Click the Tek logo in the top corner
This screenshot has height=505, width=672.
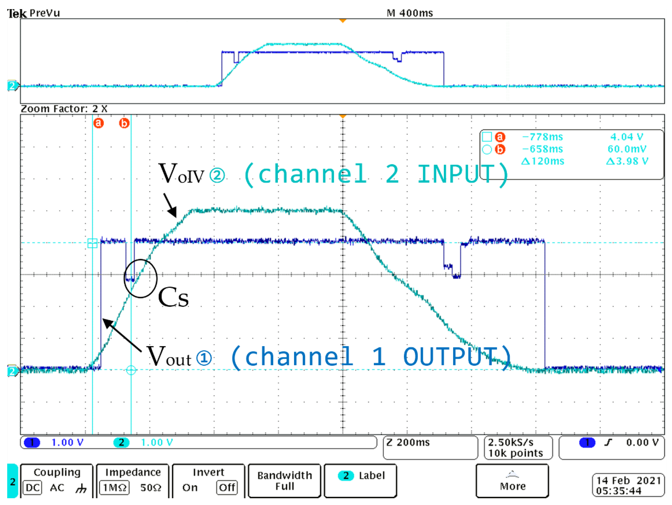17,13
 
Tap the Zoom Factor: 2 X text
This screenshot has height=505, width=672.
64,109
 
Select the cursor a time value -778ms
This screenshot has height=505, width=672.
542,137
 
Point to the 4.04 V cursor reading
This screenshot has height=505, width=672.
627,137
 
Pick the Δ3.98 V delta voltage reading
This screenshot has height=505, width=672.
627,161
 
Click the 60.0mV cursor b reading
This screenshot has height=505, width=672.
627,149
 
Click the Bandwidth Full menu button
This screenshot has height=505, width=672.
284,481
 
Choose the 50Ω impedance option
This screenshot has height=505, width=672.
151,488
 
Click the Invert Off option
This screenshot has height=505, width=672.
227,488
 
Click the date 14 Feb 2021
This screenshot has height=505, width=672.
628,480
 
